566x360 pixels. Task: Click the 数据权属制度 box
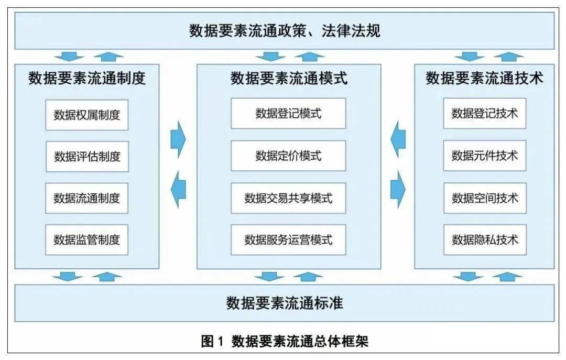86,114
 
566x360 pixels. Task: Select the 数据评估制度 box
86,156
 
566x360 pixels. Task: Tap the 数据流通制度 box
86,198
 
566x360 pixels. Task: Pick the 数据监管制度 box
86,240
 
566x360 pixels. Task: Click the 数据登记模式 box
288,113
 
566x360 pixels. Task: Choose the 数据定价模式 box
288,156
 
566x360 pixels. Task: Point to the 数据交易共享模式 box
288,198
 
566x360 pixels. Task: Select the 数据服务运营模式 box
288,240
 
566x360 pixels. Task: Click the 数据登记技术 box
485,113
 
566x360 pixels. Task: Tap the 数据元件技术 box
485,156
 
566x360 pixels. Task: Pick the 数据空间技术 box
485,198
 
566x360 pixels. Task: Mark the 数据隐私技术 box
485,240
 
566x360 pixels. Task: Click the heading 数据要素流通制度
87,79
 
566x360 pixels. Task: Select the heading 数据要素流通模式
289,79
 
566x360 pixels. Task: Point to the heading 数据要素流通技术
484,79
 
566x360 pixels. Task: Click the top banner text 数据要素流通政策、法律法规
285,30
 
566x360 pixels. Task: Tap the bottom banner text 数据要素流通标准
285,303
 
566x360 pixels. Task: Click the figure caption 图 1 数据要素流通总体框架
285,342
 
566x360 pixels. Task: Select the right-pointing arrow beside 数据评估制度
178,139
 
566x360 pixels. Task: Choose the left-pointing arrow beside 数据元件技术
398,139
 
